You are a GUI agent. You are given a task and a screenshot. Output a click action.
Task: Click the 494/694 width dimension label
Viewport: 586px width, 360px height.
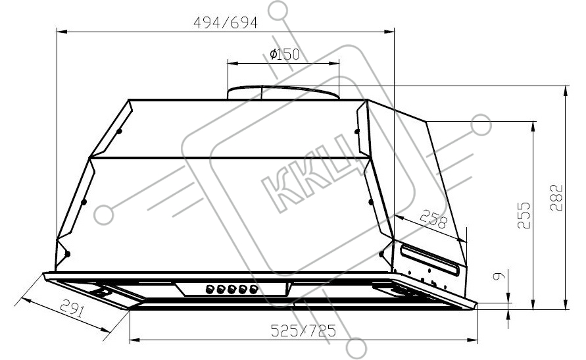tap(226, 23)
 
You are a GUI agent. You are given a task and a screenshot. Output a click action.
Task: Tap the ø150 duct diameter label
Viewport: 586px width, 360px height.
tap(285, 55)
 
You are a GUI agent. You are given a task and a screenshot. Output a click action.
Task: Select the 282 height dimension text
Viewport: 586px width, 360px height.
tap(556, 197)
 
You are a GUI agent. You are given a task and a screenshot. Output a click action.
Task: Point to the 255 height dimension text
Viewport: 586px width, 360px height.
tap(524, 215)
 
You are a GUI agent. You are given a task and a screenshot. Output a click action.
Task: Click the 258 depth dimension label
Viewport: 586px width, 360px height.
tap(433, 219)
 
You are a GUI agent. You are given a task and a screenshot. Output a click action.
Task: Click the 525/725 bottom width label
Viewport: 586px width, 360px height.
tap(303, 330)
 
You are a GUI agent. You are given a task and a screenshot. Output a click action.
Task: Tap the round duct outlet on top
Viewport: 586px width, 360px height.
tap(283, 92)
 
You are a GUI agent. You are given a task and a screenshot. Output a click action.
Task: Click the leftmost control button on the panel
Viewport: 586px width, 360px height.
tap(210, 289)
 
